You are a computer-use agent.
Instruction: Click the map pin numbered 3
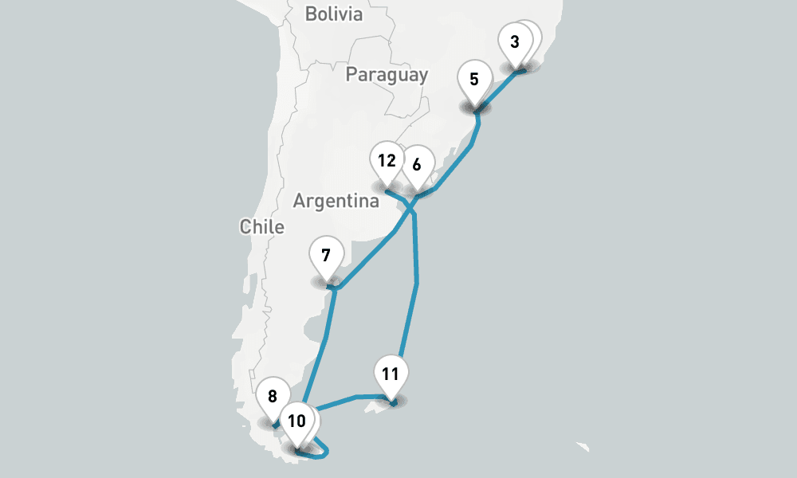[515, 42]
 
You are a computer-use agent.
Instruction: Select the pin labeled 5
[474, 80]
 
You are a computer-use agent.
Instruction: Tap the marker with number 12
[387, 161]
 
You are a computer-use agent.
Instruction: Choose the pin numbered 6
[417, 166]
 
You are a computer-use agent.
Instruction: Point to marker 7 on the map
[326, 257]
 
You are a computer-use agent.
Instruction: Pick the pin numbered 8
[273, 397]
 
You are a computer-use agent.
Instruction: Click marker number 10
[296, 421]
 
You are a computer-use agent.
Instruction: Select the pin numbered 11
[390, 374]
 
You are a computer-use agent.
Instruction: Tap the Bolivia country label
[333, 14]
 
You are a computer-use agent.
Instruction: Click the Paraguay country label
[387, 75]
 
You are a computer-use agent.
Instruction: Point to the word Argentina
[336, 201]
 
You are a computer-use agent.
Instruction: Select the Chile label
[261, 227]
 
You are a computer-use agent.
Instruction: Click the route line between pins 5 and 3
[498, 88]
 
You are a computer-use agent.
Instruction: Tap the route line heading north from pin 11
[408, 327]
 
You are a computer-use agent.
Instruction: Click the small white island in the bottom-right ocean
[586, 446]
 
